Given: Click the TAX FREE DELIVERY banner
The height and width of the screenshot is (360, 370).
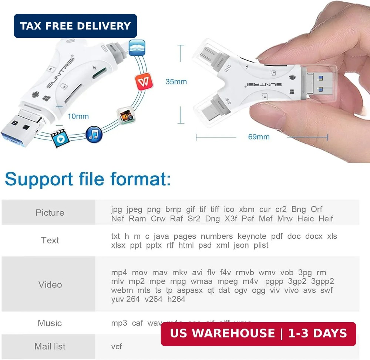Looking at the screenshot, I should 75,26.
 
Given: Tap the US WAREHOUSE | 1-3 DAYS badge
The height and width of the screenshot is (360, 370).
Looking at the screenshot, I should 258,334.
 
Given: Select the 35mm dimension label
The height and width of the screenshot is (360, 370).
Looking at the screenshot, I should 176,81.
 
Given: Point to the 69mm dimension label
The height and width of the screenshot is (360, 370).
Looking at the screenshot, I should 259,137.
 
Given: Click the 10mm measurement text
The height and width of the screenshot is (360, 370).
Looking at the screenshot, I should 78,116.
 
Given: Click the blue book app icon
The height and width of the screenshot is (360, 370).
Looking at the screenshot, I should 137,48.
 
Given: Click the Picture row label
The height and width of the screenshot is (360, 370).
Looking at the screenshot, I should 50,213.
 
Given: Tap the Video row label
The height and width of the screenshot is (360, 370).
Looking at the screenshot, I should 50,285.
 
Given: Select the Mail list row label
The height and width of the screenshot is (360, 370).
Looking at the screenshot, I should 50,347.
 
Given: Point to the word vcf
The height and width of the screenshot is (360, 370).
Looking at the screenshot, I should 117,347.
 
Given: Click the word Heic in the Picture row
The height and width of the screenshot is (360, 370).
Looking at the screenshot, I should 305,219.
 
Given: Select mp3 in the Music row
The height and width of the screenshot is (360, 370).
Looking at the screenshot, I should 119,323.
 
